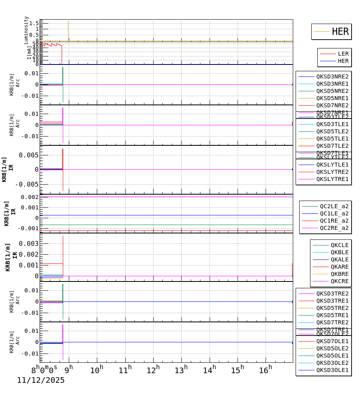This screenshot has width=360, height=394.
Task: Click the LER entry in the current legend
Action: coord(343,54)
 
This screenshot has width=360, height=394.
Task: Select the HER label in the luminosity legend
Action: coord(340,32)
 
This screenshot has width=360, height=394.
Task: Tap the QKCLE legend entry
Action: coord(339,245)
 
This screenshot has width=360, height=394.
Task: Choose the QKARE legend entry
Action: coord(339,267)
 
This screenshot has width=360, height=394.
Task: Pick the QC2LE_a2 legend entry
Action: coord(334,206)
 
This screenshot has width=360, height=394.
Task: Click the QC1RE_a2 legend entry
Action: coord(334,221)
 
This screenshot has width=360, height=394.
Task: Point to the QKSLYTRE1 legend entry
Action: coord(332,179)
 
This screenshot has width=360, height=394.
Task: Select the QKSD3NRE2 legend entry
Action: coord(332,76)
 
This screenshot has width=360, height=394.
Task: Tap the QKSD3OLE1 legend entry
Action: coord(332,370)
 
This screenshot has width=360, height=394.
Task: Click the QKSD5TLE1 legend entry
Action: coord(332,139)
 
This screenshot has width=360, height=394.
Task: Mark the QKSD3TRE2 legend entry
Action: coord(332,293)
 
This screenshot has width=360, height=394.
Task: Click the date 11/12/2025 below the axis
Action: coord(41,380)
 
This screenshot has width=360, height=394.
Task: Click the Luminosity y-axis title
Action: coord(26,30)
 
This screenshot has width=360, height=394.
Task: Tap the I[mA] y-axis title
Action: coord(29,52)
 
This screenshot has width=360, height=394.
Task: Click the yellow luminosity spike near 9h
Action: coord(68,30)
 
